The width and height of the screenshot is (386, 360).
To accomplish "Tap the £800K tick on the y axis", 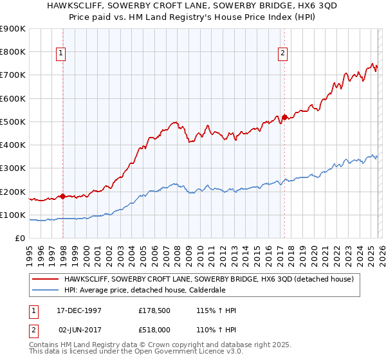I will (x=13, y=51).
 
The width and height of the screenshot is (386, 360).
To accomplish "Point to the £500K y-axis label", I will (x=13, y=122).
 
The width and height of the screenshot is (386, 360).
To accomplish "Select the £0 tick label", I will (x=20, y=238).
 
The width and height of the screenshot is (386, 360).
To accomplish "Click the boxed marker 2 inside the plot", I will (x=282, y=54).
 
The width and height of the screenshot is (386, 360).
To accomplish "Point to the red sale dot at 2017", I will (x=284, y=118).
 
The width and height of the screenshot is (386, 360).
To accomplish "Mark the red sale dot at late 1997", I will (x=62, y=196).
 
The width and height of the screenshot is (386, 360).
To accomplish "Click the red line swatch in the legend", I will (x=46, y=279).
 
